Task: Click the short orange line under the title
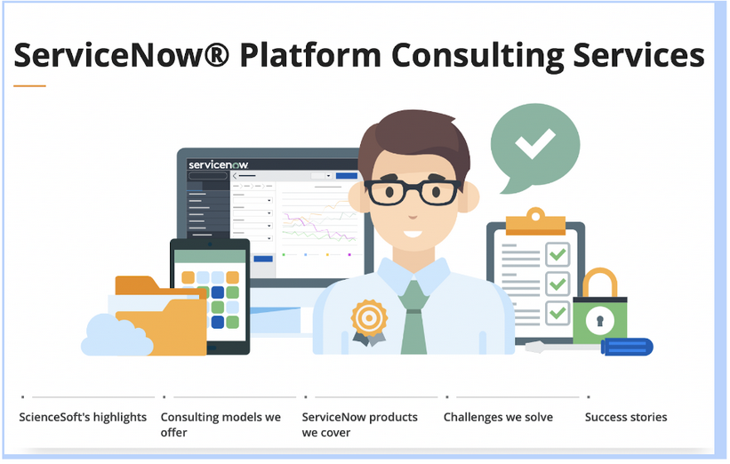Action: pos(30,85)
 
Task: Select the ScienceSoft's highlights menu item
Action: pos(83,417)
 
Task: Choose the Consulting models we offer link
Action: pos(221,424)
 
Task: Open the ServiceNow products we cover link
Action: pos(359,424)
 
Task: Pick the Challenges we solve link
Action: pos(498,417)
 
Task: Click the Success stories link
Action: pos(626,417)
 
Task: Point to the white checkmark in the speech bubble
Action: pos(535,143)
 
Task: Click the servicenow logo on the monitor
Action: pos(218,164)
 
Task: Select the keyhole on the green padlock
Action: pos(599,320)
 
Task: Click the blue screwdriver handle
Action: pos(627,347)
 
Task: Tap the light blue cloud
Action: pos(116,335)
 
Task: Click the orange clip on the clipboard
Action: pos(535,221)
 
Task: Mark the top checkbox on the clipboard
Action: pos(558,254)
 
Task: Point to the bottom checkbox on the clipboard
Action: pos(558,313)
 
